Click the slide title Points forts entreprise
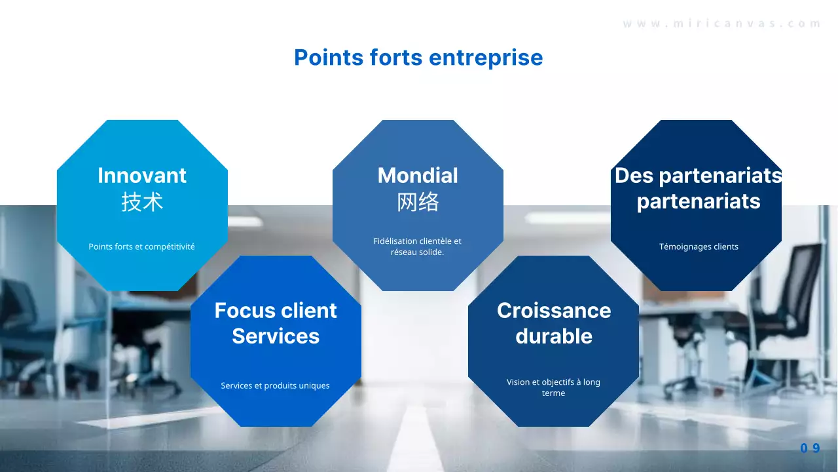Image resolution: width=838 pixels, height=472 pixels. [418, 58]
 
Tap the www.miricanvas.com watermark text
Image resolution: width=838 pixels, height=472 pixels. [721, 24]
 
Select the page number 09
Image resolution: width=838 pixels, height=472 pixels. [810, 448]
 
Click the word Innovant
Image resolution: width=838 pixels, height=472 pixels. [142, 175]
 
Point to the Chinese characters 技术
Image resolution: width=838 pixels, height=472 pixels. [142, 202]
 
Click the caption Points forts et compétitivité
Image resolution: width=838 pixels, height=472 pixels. [141, 247]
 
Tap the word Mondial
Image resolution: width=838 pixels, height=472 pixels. [418, 175]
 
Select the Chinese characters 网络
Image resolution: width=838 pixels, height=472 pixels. [418, 202]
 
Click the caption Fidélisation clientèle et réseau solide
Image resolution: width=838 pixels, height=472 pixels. [418, 246]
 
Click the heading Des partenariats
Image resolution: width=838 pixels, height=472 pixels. [698, 176]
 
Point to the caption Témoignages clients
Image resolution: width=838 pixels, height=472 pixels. [699, 247]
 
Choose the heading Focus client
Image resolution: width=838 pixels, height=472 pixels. [276, 311]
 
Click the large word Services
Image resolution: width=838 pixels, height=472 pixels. [276, 336]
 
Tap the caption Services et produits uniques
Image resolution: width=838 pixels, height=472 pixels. [275, 386]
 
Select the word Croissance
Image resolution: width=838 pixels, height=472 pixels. [554, 311]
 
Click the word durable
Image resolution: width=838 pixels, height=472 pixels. [554, 336]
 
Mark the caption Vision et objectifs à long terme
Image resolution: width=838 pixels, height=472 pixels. [553, 387]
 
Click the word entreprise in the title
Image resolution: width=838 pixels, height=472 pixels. [486, 58]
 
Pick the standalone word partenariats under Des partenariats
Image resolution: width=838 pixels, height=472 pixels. [699, 201]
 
